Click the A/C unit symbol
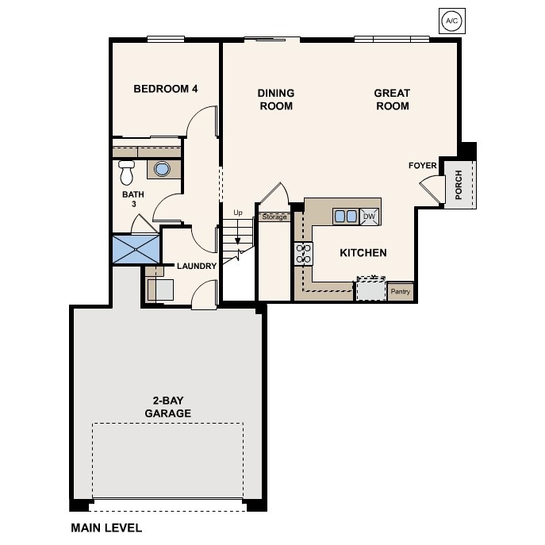[x=451, y=21]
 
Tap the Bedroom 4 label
[x=165, y=89]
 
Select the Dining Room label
[x=275, y=100]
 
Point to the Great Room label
[x=392, y=100]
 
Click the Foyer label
[x=422, y=166]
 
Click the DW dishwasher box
[x=369, y=216]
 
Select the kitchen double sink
[x=345, y=216]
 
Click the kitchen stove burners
[x=303, y=254]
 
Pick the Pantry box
[x=401, y=292]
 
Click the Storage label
[x=274, y=217]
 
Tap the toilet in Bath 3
[x=126, y=171]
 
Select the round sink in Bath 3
[x=162, y=169]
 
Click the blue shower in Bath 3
[x=135, y=248]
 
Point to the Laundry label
[x=197, y=267]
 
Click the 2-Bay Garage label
[x=167, y=407]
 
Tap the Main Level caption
[x=106, y=528]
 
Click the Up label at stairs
[x=237, y=213]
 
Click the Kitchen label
[x=363, y=253]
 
